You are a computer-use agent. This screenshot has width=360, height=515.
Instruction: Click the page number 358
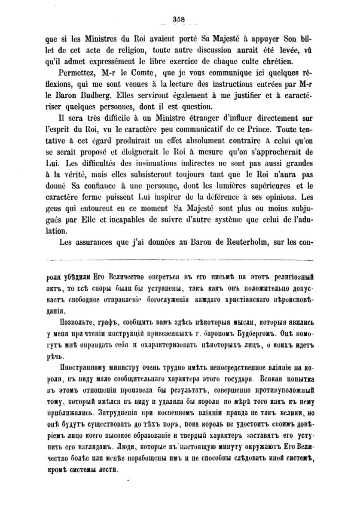tap(178, 18)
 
